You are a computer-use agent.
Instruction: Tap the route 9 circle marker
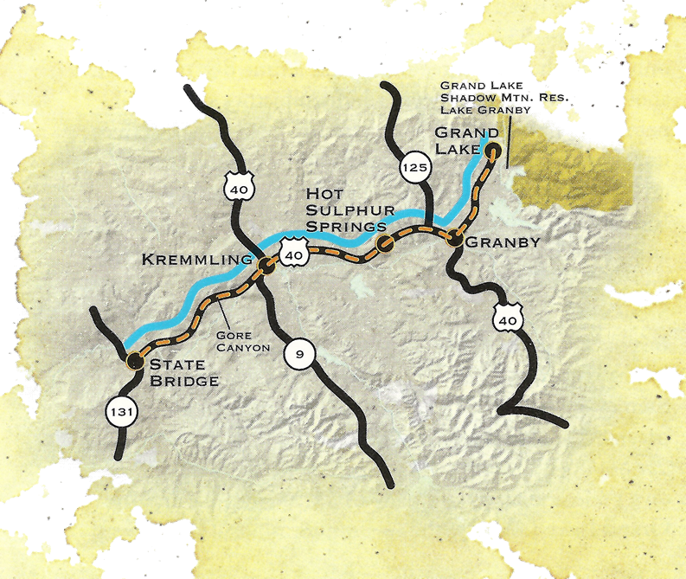pyautogui.click(x=298, y=353)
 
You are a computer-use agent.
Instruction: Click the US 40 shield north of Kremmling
pyautogui.click(x=237, y=183)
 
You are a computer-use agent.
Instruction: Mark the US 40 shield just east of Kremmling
pyautogui.click(x=293, y=254)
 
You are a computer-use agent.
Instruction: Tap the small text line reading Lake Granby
pyautogui.click(x=484, y=111)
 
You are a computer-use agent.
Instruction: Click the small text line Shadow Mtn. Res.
pyautogui.click(x=489, y=98)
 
